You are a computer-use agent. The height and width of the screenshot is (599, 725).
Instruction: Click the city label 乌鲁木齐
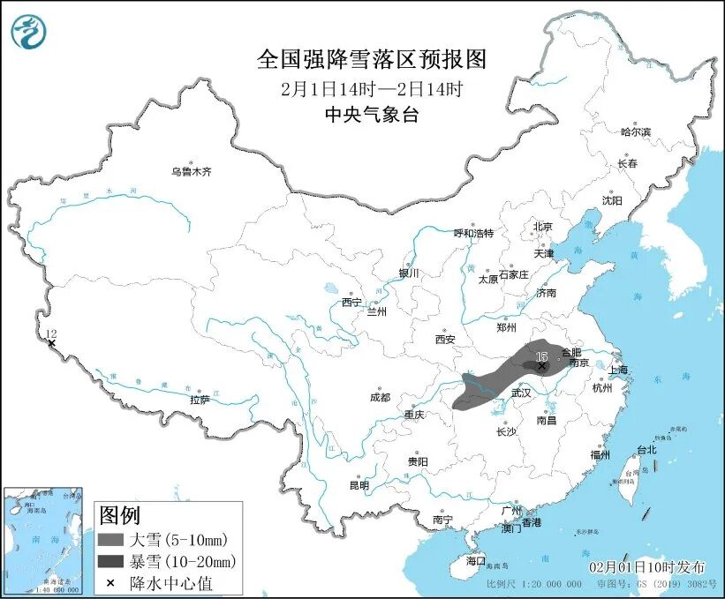coord(192,172)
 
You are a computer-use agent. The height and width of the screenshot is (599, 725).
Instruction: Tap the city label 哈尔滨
coord(635,131)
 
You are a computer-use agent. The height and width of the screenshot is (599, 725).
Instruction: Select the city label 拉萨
coord(200,400)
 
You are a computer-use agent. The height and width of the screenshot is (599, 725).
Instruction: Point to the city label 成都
coord(379,397)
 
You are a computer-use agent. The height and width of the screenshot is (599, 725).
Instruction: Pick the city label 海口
coord(476,560)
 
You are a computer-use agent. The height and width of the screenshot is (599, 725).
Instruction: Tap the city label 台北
coord(646,449)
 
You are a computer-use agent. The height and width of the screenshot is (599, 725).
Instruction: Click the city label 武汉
coord(521,393)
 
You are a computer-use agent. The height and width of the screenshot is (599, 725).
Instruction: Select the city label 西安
coord(444,339)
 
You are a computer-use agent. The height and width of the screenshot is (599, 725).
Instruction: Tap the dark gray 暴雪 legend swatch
coord(111,561)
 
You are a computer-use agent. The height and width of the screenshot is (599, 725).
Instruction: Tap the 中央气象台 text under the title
coord(371,114)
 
